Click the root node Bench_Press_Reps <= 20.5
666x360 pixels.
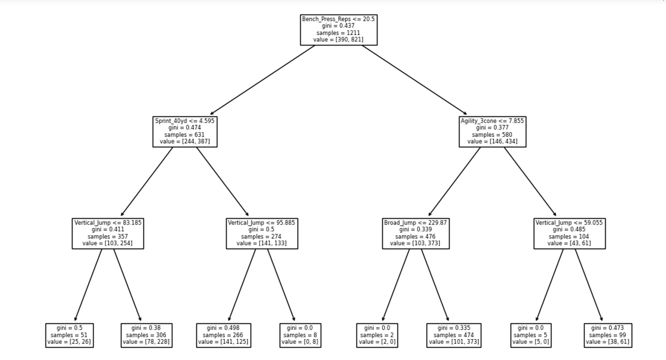pos(339,29)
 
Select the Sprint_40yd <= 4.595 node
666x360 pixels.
pos(185,131)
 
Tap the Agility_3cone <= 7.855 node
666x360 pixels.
pos(492,131)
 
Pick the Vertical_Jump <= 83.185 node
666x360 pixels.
pos(108,233)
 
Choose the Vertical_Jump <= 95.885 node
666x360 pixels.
pos(261,233)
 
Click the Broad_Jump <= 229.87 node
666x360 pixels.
pos(415,233)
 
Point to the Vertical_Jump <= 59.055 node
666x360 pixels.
pos(569,233)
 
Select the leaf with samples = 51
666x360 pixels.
pos(69,335)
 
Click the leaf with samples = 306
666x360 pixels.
pos(146,335)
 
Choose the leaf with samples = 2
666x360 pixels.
pos(377,335)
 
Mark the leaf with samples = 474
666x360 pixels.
pos(453,335)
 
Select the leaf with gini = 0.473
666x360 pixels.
pos(607,335)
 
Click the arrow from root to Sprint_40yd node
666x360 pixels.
pos(262,80)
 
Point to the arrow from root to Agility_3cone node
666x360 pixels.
pos(415,80)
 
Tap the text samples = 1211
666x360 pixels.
pos(339,33)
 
